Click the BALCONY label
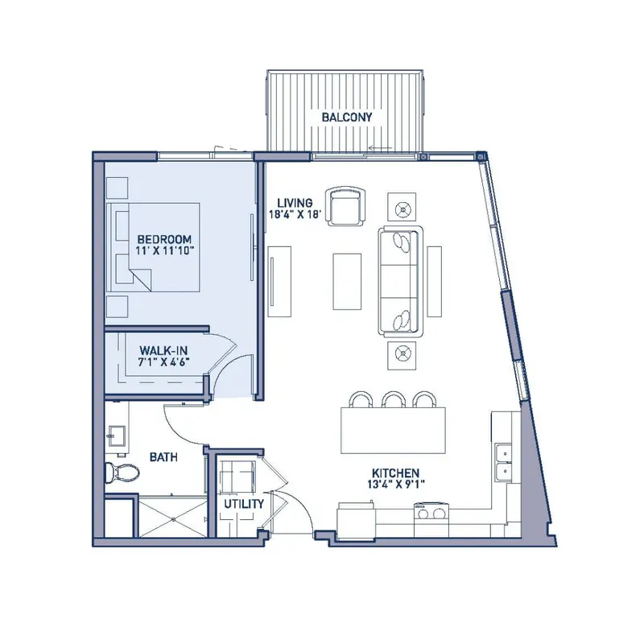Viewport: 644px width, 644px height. pyautogui.click(x=347, y=117)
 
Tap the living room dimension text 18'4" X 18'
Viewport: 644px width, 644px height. pyautogui.click(x=295, y=214)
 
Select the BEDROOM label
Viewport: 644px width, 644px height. pyautogui.click(x=164, y=239)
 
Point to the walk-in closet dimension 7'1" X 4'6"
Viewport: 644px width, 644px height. pyautogui.click(x=164, y=361)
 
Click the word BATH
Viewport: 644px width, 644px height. pyautogui.click(x=163, y=456)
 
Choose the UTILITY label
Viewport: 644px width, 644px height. pyautogui.click(x=244, y=504)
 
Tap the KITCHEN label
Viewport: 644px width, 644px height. pyautogui.click(x=395, y=473)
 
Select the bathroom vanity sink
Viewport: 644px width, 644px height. pyautogui.click(x=116, y=436)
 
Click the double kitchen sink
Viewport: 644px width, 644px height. pyautogui.click(x=503, y=461)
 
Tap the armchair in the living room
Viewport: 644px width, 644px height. pyautogui.click(x=345, y=206)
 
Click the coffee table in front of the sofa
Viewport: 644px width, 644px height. pyautogui.click(x=347, y=281)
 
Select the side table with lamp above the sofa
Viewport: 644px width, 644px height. pyautogui.click(x=402, y=207)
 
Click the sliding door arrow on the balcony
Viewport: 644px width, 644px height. pyautogui.click(x=380, y=148)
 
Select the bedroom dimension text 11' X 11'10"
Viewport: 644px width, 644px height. pyautogui.click(x=164, y=250)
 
